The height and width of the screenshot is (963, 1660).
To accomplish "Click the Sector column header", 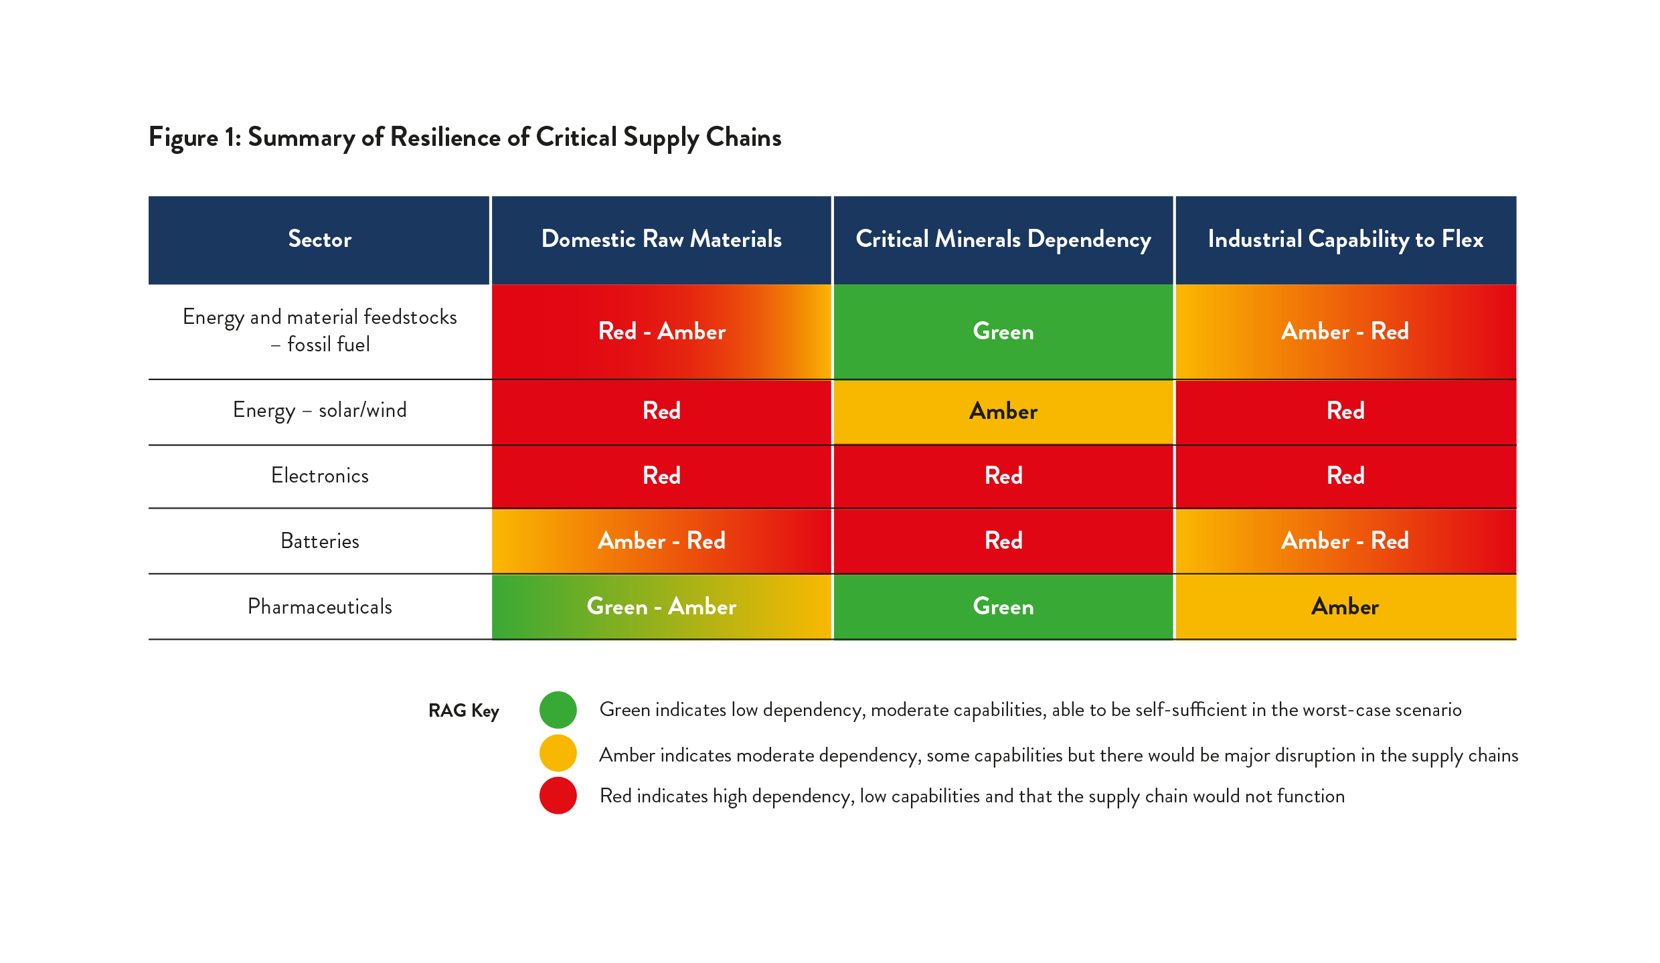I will (319, 240).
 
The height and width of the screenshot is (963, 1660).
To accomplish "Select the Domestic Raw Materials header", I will (661, 240).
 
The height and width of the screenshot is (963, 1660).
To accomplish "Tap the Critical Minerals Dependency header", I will (1003, 240).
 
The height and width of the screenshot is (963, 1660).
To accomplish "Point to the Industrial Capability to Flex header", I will (1345, 240).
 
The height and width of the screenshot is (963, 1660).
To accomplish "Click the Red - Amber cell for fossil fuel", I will (661, 332).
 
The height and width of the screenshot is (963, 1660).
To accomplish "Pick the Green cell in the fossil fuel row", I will (1003, 332).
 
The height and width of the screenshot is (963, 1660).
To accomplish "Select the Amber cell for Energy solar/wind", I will (1003, 411).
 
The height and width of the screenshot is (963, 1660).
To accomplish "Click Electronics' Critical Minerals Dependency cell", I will (1003, 476).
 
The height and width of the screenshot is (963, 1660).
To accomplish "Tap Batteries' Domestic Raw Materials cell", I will (661, 541).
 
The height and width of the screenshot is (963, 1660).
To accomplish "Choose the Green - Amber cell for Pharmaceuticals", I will (661, 606).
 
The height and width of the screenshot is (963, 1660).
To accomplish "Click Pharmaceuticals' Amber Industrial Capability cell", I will (1345, 606).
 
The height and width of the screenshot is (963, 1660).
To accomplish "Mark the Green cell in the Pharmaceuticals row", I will (1003, 606).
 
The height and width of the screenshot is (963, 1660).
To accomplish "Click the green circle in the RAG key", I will (558, 710).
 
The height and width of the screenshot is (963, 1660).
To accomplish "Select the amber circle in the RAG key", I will (558, 754).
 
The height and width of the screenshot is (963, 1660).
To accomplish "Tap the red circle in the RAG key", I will (558, 796).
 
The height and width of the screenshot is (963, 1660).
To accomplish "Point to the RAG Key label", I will (464, 710).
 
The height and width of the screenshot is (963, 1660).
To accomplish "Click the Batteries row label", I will (319, 541).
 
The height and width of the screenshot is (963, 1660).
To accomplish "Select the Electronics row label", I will (319, 476).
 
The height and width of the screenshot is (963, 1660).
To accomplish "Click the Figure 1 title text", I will (465, 138).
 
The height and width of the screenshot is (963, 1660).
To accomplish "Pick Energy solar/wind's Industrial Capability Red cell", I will (1345, 411).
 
